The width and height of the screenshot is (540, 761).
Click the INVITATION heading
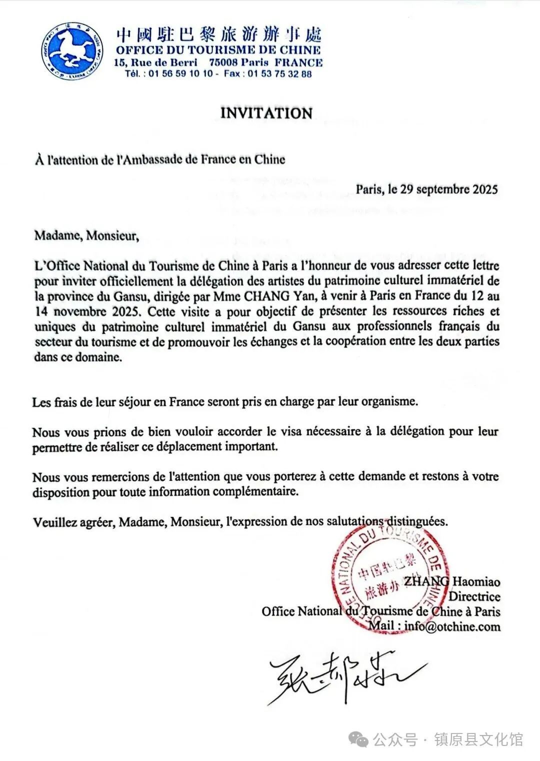266,113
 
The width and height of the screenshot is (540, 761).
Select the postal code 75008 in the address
222,63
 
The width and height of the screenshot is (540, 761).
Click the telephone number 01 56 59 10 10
182,74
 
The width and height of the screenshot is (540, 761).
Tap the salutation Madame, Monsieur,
85,235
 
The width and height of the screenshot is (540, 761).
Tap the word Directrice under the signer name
474,596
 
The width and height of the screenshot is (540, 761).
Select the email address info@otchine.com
452,626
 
